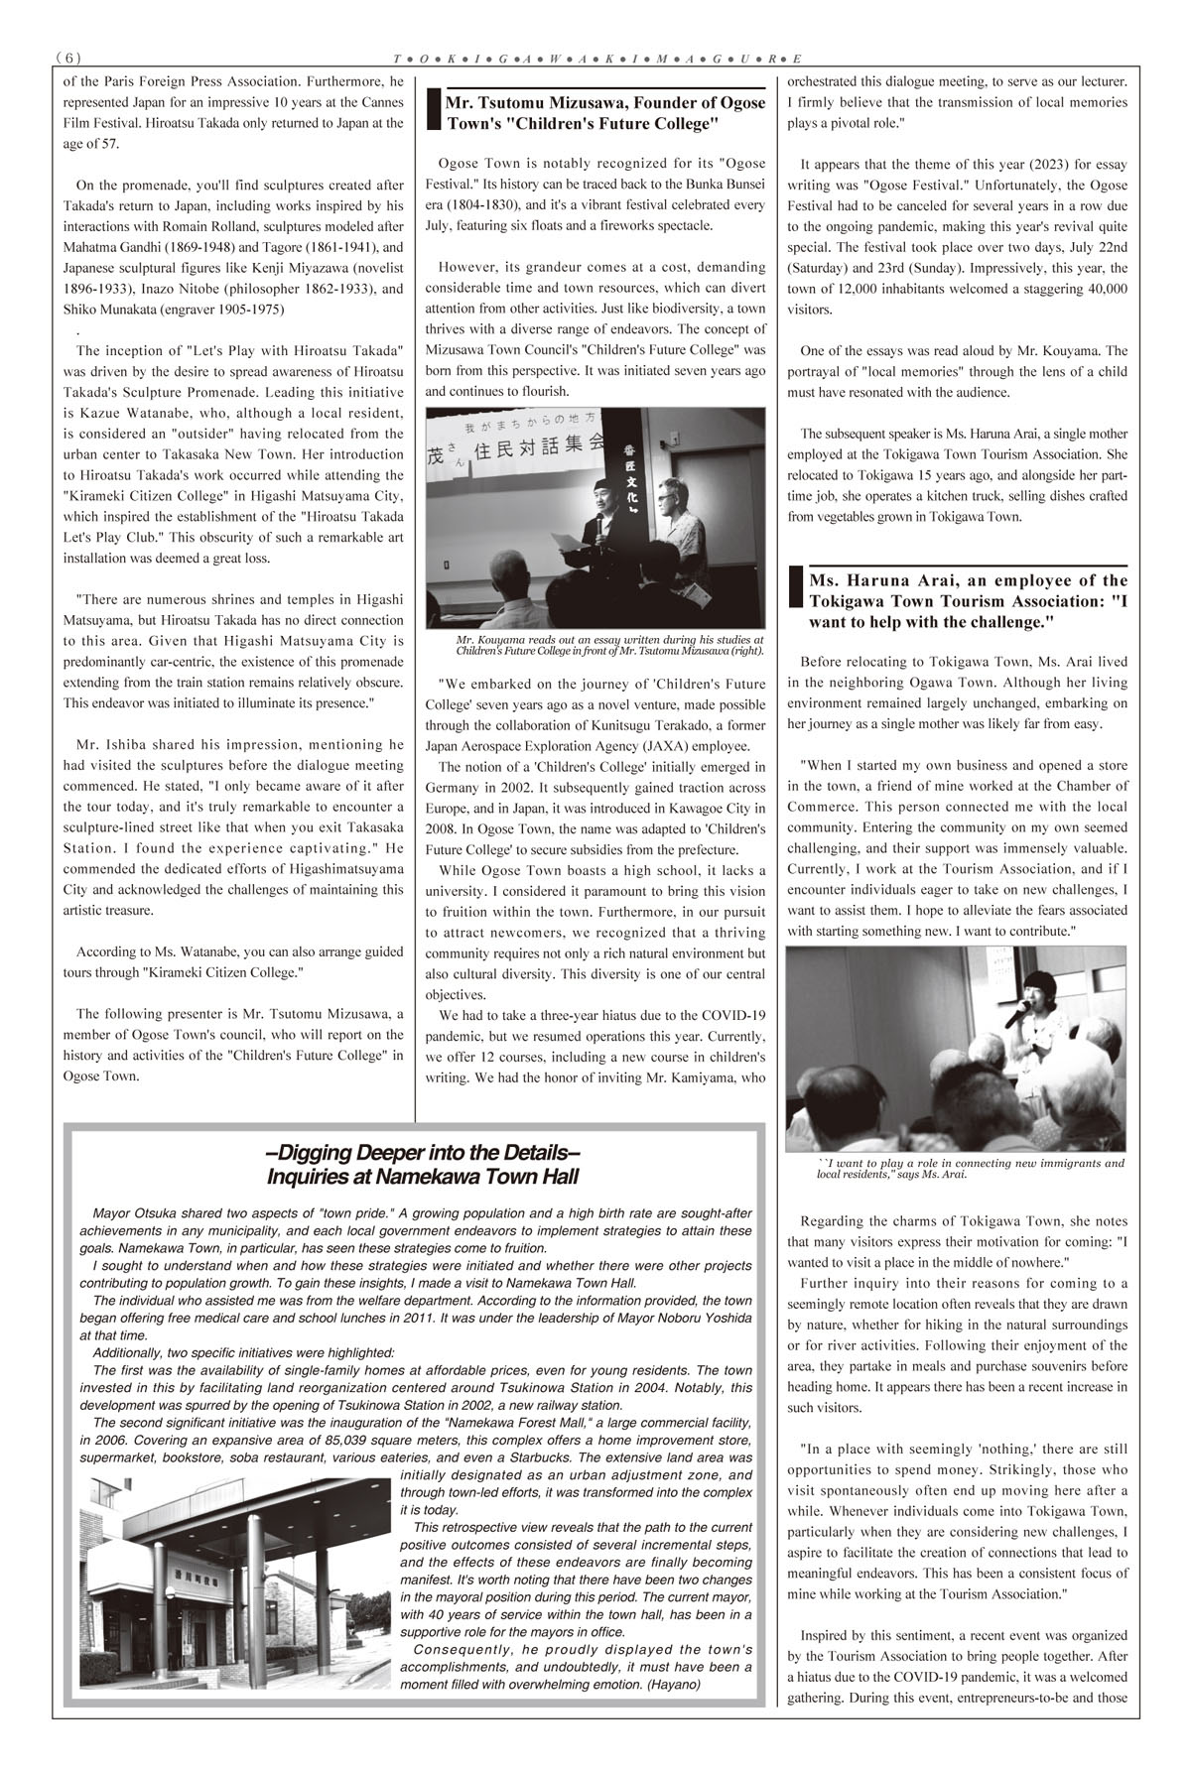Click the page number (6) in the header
(67, 58)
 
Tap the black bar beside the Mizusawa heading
(432, 110)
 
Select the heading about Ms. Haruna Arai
(968, 600)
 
